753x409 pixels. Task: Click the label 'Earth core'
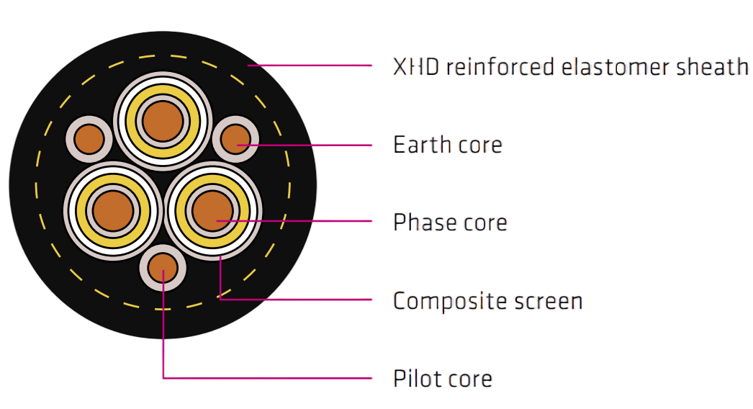pyautogui.click(x=447, y=145)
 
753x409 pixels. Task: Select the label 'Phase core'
pyautogui.click(x=450, y=223)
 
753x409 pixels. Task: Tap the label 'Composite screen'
pyautogui.click(x=487, y=300)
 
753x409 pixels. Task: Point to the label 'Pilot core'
pyautogui.click(x=443, y=379)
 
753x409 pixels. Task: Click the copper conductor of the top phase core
pyautogui.click(x=163, y=121)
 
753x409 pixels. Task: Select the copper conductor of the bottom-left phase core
pyautogui.click(x=113, y=211)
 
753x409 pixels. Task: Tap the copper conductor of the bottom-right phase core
pyautogui.click(x=213, y=211)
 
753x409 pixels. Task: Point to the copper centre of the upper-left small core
pyautogui.click(x=90, y=139)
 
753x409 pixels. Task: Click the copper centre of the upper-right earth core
pyautogui.click(x=235, y=139)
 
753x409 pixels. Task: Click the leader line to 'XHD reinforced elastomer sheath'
pyautogui.click(x=317, y=66)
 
